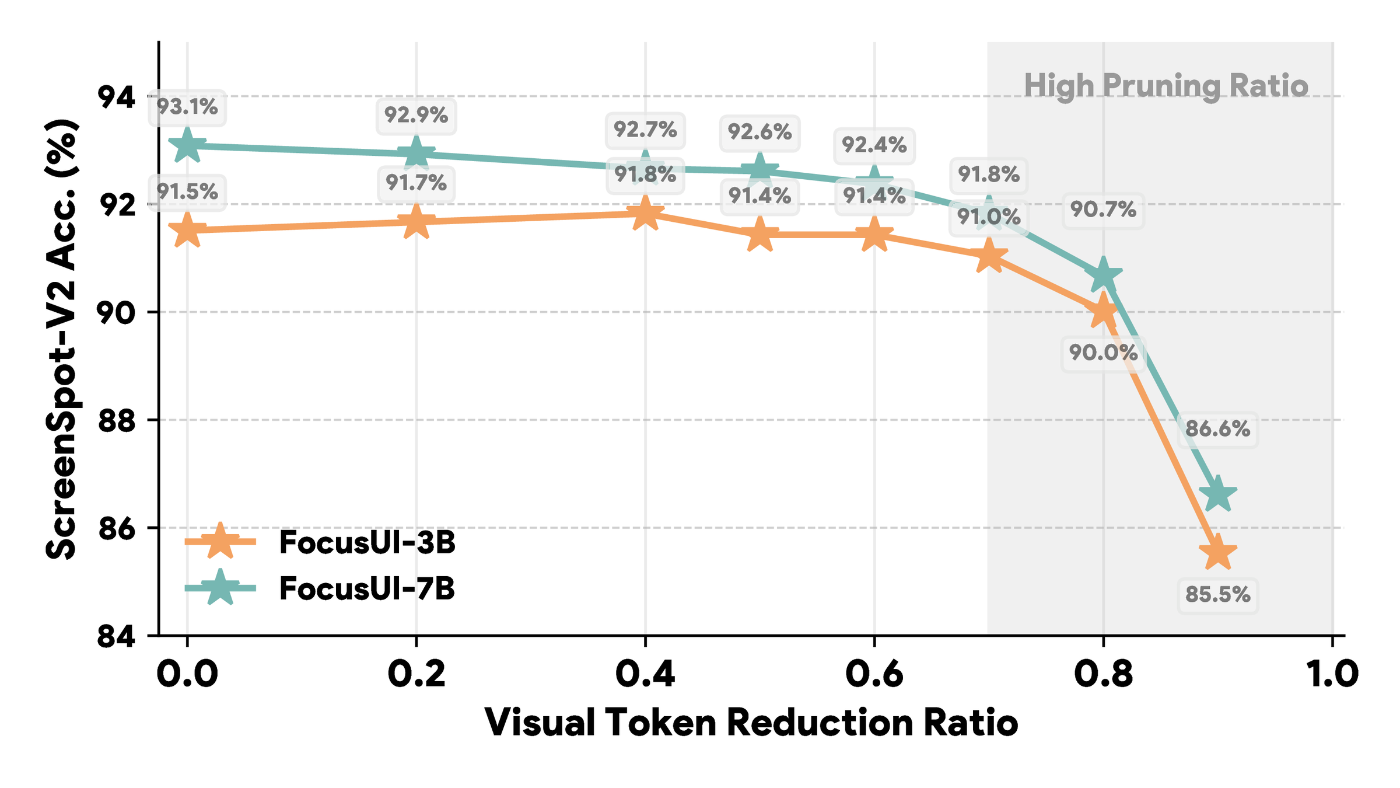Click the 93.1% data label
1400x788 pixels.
(187, 107)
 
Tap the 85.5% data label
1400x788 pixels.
(1218, 595)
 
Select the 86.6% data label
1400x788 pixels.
(1217, 429)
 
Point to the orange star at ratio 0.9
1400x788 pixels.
(1217, 553)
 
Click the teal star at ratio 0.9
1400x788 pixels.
(1219, 494)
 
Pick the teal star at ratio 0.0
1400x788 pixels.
(187, 145)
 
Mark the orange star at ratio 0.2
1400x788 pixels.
(416, 222)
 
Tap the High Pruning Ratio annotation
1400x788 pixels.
(1166, 86)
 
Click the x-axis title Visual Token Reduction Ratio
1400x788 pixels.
(751, 723)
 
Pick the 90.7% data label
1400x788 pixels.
(1103, 209)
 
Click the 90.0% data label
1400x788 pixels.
(1103, 353)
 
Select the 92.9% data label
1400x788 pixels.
(416, 115)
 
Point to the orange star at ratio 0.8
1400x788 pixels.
(1103, 312)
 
